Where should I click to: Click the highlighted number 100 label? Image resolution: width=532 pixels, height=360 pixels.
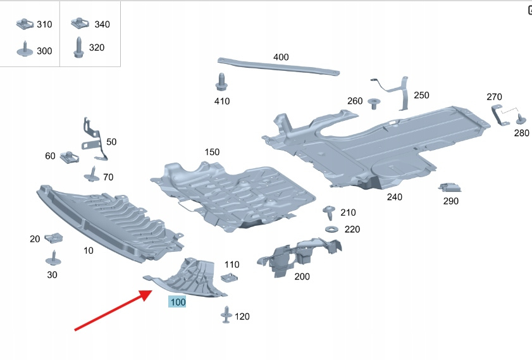[178, 302]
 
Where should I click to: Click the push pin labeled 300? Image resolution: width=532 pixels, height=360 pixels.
[24, 49]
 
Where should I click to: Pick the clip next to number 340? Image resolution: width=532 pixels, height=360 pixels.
[80, 25]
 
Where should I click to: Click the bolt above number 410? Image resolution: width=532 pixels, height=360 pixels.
[221, 82]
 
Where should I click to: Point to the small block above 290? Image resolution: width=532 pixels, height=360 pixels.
[449, 187]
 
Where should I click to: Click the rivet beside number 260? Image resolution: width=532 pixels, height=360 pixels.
[373, 101]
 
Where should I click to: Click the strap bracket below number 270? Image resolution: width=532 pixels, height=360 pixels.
[498, 115]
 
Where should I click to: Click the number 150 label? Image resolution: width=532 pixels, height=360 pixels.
[212, 152]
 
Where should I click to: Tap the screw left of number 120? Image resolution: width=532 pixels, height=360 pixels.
[226, 314]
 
